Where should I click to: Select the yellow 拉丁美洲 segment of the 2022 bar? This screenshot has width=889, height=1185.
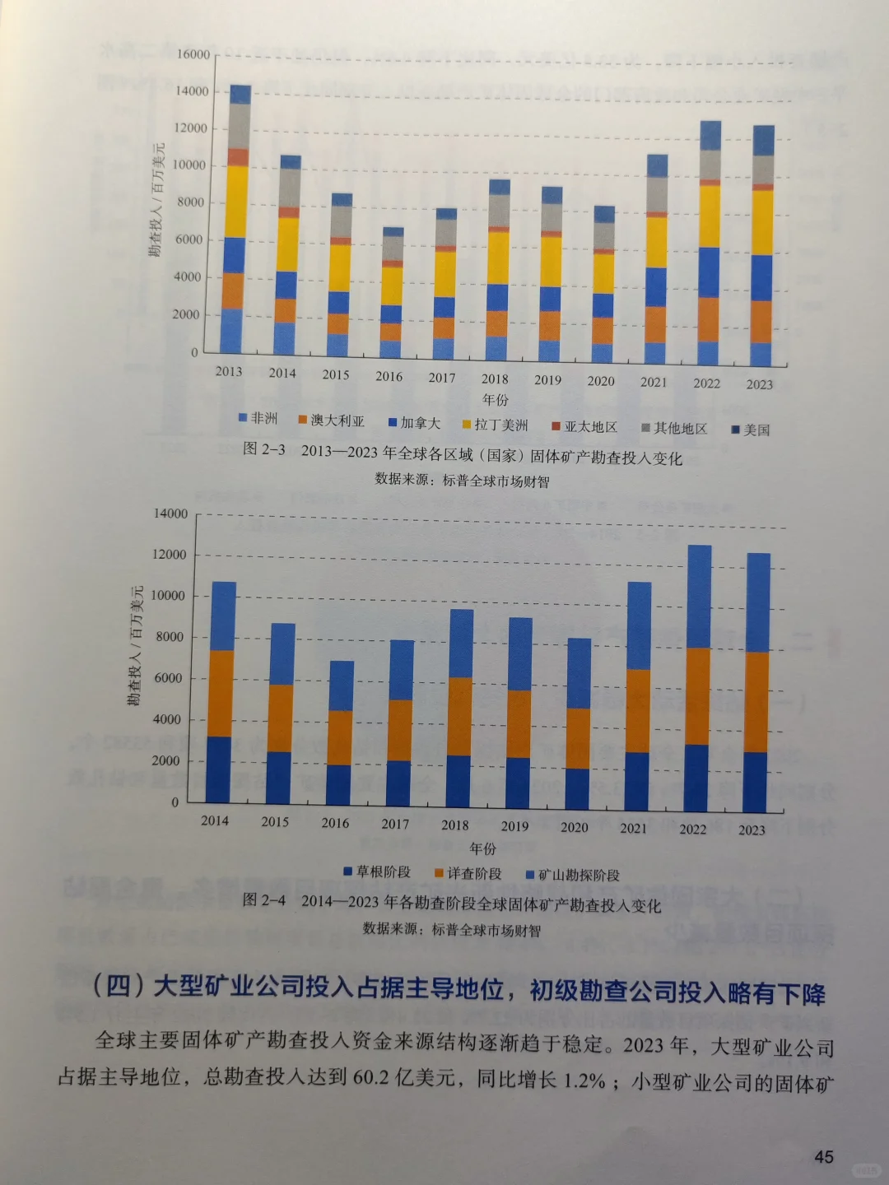pyautogui.click(x=710, y=216)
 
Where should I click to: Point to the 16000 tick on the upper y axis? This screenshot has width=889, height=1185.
pyautogui.click(x=193, y=54)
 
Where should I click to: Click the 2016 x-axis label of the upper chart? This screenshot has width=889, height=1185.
pyautogui.click(x=389, y=376)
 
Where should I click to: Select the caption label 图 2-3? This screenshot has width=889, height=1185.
pyautogui.click(x=264, y=449)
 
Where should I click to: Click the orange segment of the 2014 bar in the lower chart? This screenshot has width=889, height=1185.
pyautogui.click(x=221, y=693)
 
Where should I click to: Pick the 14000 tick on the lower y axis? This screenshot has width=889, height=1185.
pyautogui.click(x=170, y=513)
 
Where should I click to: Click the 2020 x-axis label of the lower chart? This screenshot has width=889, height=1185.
pyautogui.click(x=574, y=827)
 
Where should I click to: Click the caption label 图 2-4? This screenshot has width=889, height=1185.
pyautogui.click(x=264, y=900)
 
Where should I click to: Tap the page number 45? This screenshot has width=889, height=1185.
pyautogui.click(x=823, y=1157)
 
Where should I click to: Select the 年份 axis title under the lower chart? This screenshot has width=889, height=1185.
pyautogui.click(x=483, y=848)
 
